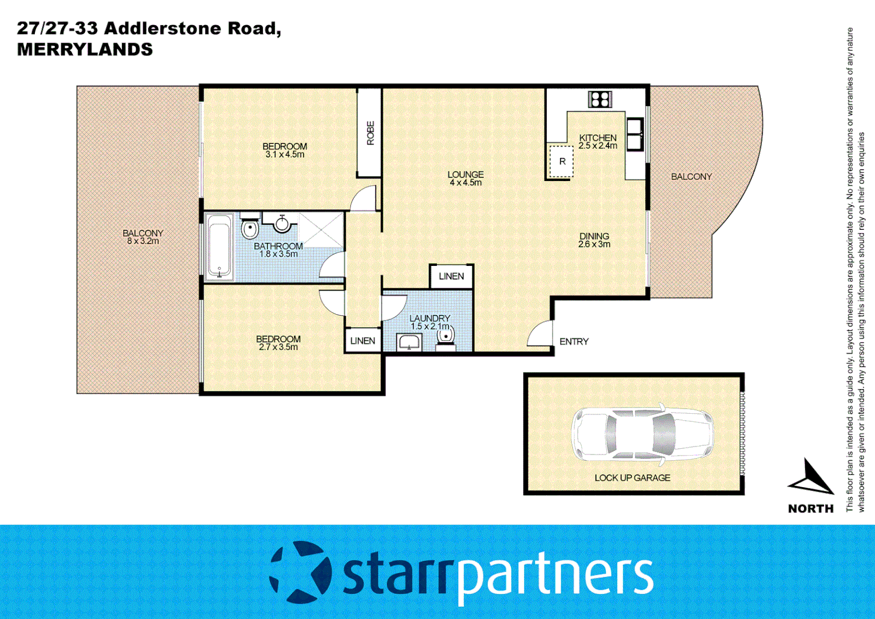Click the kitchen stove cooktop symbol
pyautogui.click(x=600, y=99)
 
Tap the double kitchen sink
pyautogui.click(x=634, y=134)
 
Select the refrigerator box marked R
pyautogui.click(x=561, y=162)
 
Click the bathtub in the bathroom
pyautogui.click(x=219, y=247)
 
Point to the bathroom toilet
pyautogui.click(x=250, y=228)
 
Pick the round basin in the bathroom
pyautogui.click(x=282, y=224)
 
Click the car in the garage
pyautogui.click(x=642, y=434)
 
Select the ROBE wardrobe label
pyautogui.click(x=370, y=132)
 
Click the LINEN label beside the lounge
pyautogui.click(x=451, y=276)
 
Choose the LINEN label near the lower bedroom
pyautogui.click(x=362, y=340)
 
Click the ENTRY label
pyautogui.click(x=574, y=342)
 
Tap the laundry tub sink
pyautogui.click(x=409, y=343)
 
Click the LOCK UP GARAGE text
pyautogui.click(x=632, y=477)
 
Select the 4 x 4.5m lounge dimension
pyautogui.click(x=466, y=183)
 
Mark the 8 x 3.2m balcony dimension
pyautogui.click(x=143, y=241)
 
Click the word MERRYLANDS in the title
pyautogui.click(x=85, y=49)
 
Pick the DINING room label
pyautogui.click(x=594, y=236)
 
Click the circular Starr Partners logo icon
pyautogui.click(x=300, y=573)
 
